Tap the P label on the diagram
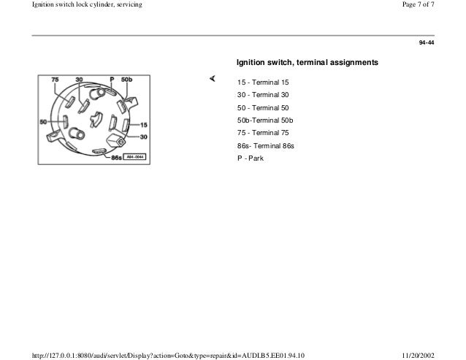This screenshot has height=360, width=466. pos(111,78)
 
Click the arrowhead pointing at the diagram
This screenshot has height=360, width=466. pos(211,77)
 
